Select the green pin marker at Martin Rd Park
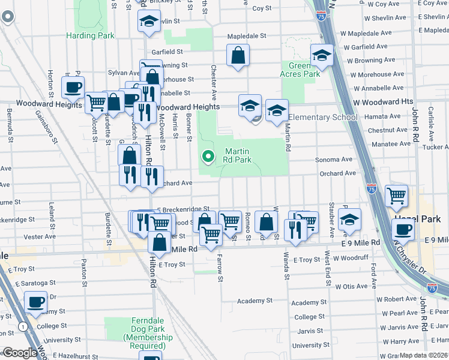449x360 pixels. point(208,157)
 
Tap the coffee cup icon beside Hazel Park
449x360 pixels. point(403,230)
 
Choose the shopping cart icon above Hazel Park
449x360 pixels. point(396,195)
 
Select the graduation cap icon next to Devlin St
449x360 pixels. point(148,23)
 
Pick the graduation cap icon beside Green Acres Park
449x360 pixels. point(322,56)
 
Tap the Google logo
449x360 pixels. point(19,353)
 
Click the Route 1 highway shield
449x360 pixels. point(23,327)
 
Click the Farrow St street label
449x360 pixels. point(220,270)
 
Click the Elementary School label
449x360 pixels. point(323,117)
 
